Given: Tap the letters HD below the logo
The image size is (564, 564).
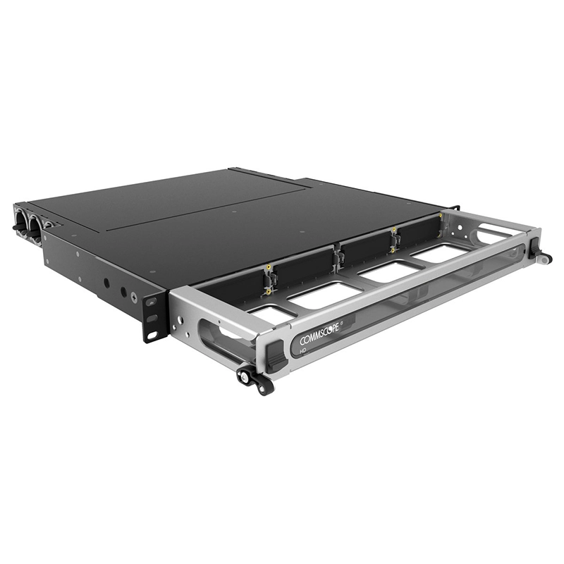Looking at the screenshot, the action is click(303, 349).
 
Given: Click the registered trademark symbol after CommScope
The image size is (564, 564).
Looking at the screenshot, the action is click(341, 324).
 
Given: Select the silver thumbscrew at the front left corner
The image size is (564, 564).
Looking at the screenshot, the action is click(244, 376).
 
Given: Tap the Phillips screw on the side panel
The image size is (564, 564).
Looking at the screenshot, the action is click(134, 298).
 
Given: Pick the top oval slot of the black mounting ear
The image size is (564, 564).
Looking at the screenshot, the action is click(151, 302).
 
